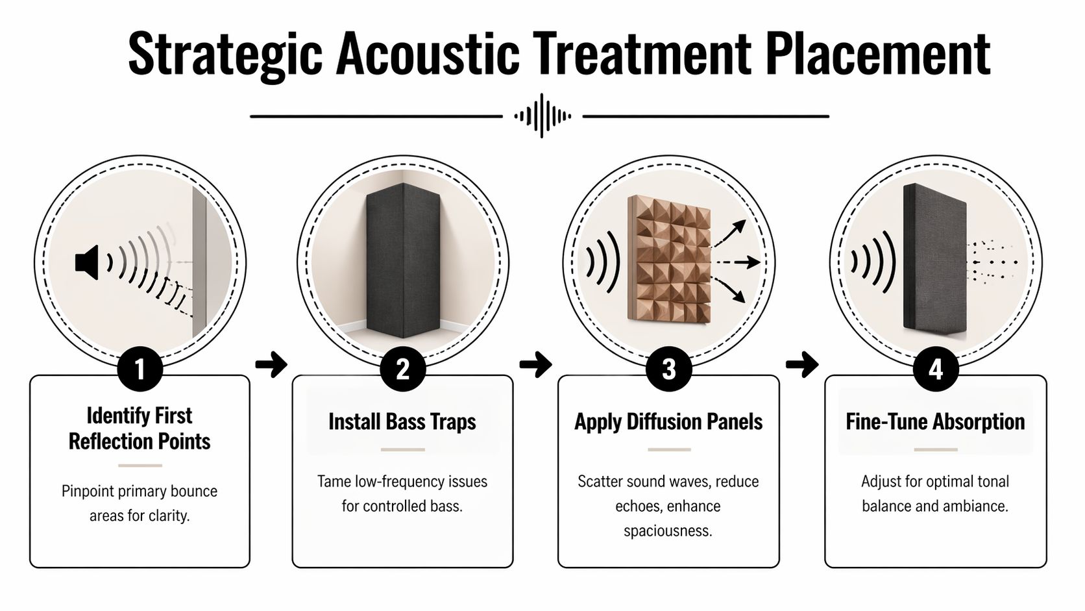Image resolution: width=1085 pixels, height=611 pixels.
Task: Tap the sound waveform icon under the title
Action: pos(542,116)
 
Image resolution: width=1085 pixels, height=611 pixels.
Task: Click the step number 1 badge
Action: pos(140,369)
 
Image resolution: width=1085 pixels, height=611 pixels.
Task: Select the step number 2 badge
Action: pos(402,369)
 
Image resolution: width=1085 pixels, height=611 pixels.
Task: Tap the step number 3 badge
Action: pos(668,369)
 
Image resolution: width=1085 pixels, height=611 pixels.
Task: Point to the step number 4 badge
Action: pos(935,369)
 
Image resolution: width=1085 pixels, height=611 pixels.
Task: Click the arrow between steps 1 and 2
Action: pos(271,364)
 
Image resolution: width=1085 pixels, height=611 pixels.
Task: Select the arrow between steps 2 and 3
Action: pos(535,364)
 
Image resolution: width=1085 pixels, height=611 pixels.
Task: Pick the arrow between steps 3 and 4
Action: pos(802,364)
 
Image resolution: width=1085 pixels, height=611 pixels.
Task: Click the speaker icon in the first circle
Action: pos(87,262)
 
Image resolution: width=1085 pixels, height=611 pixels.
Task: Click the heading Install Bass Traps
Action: pos(402,421)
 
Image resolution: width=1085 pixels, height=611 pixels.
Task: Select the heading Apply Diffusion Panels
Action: pos(668,421)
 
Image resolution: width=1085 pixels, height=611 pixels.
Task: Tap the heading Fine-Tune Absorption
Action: pos(935,421)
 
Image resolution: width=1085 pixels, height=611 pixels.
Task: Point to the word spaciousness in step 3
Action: pos(668,530)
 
